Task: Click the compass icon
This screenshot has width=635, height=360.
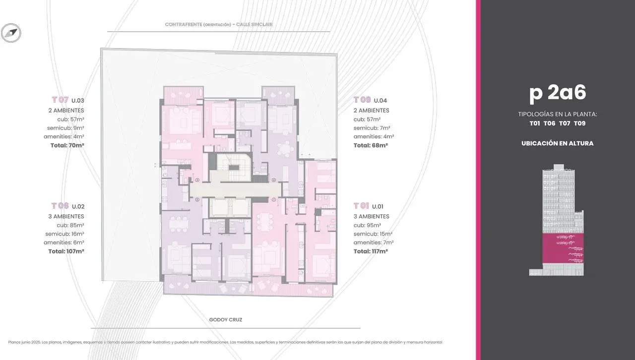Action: point(11,33)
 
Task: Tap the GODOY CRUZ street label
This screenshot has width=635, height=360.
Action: point(226,320)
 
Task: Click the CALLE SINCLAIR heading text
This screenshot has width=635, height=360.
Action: point(254,24)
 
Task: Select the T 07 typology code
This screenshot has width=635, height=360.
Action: point(60,100)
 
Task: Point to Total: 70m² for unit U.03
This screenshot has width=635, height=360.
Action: point(67,145)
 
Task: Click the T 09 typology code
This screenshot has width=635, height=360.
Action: point(362,100)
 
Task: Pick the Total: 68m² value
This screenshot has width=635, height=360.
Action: point(371,145)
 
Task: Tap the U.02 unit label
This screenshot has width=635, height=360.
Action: point(78,207)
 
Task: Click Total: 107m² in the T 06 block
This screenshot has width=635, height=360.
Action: point(66,251)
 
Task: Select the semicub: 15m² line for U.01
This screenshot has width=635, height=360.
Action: point(373,234)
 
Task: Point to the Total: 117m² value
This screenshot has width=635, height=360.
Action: point(371,251)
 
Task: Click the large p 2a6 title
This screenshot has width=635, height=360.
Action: point(558,93)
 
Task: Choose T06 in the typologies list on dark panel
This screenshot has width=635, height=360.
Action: point(549,123)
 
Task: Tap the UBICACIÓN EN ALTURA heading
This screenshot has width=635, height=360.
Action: point(557,143)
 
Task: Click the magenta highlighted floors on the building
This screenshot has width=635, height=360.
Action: point(563,248)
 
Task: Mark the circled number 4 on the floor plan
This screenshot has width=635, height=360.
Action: point(274,180)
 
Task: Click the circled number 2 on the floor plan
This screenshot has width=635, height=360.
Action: point(197,199)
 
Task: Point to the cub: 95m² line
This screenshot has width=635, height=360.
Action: point(367,225)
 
